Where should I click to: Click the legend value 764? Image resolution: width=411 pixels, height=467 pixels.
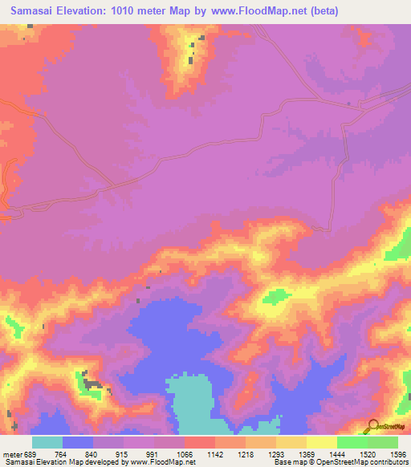[x=63, y=455]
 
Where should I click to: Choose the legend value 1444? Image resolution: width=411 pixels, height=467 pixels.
[x=336, y=455]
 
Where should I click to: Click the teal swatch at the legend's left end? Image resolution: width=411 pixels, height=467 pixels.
[x=47, y=442]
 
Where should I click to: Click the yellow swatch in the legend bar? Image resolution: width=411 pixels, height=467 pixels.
[x=321, y=442]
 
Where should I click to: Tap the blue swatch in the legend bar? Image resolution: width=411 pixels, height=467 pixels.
[x=78, y=442]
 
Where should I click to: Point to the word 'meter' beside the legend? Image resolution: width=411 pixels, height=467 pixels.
[x=11, y=455]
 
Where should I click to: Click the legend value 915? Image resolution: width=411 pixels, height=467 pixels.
[x=123, y=455]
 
